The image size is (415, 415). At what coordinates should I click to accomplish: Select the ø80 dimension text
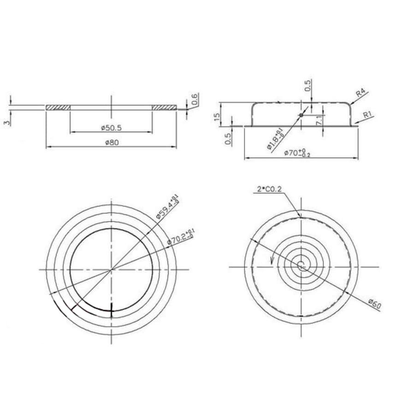(112, 142)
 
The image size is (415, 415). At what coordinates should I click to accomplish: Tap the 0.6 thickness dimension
(194, 99)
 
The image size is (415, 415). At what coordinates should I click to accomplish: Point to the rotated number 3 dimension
(6, 122)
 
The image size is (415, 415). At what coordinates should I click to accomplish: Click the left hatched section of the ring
(58, 107)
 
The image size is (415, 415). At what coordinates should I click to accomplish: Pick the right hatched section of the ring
(164, 107)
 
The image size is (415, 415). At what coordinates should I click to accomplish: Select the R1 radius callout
(368, 115)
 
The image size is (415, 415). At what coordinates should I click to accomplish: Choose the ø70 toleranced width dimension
(297, 153)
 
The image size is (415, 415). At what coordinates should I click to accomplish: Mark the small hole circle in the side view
(301, 114)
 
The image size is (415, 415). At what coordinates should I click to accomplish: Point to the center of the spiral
(301, 266)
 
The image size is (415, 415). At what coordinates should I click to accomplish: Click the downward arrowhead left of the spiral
(273, 261)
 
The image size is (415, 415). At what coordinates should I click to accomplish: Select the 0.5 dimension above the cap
(308, 86)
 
